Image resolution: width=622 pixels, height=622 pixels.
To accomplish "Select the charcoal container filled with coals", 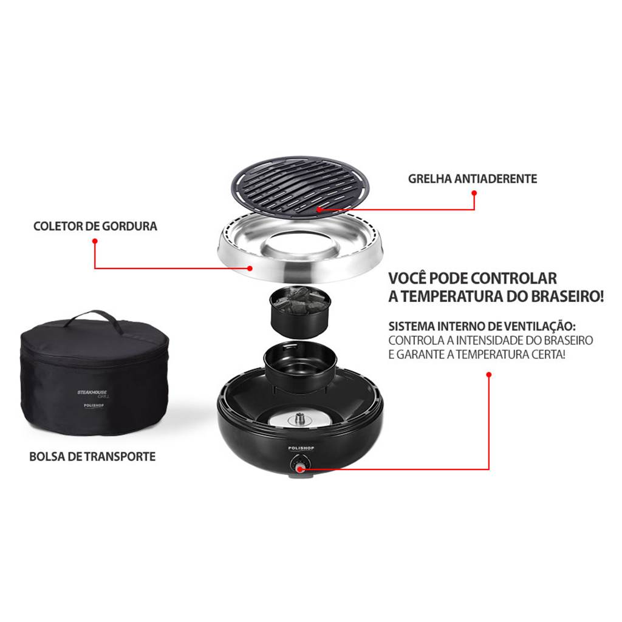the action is (300, 312).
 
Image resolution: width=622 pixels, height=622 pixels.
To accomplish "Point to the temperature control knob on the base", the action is (300, 465).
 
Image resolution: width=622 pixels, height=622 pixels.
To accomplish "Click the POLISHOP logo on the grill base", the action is (301, 448).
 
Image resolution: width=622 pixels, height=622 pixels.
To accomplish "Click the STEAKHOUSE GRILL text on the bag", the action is (92, 394).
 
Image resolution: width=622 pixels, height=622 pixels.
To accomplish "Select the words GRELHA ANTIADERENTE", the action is (473, 179).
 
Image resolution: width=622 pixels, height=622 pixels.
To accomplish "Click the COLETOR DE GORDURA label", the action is (95, 226).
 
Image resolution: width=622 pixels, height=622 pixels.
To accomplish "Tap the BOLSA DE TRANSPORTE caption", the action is (92, 457).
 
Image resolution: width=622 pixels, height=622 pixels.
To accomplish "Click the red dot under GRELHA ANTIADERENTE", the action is (474, 193).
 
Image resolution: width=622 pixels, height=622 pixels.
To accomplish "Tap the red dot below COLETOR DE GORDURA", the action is (95, 241).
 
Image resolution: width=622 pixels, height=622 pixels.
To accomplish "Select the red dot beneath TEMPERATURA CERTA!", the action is (489, 374).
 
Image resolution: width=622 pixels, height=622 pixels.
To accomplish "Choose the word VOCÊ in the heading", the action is (407, 278).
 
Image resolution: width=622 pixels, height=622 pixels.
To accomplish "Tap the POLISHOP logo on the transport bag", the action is (94, 405).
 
